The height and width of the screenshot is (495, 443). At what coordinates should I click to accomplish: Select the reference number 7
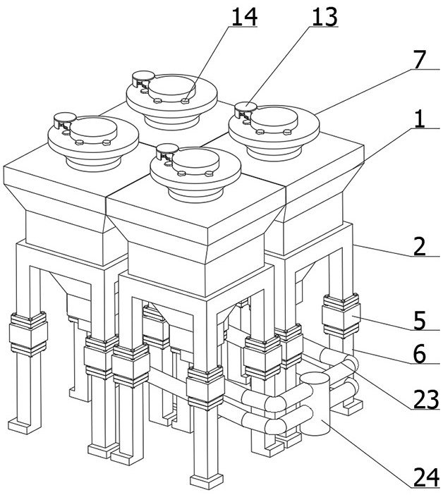coord(420,60)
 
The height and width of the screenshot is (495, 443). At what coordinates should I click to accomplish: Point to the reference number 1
coord(420,119)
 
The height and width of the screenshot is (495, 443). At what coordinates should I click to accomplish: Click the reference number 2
coord(420,247)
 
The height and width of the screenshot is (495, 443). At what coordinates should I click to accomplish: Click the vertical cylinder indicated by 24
coord(315,403)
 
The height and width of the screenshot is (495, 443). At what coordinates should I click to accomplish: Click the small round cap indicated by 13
coord(246,106)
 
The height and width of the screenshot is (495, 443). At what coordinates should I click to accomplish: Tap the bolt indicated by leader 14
coord(186,100)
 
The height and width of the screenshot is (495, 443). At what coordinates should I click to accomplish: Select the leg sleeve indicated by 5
coord(341,314)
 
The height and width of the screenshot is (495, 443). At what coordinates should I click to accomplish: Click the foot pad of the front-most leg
coord(207,480)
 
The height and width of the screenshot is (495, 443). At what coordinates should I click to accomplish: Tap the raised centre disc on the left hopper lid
coord(93,128)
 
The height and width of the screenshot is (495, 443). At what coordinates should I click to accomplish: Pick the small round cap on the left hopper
coord(65,118)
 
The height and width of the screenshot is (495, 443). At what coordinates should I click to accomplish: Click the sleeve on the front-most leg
coord(205,387)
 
